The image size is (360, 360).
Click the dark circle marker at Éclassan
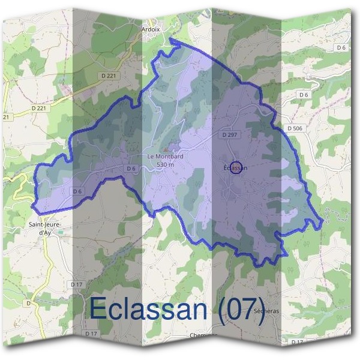click(x=236, y=167)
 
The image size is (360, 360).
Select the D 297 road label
click(x=230, y=136)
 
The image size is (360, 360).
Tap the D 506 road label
click(x=295, y=128)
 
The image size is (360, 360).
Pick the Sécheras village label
click(x=267, y=312)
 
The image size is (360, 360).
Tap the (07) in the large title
click(x=241, y=310)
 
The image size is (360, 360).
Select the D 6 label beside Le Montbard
click(x=131, y=169)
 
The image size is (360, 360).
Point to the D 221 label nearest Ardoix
click(x=107, y=76)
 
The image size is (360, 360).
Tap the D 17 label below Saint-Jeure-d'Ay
click(x=76, y=284)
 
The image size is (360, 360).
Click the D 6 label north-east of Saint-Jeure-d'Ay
click(x=77, y=191)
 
